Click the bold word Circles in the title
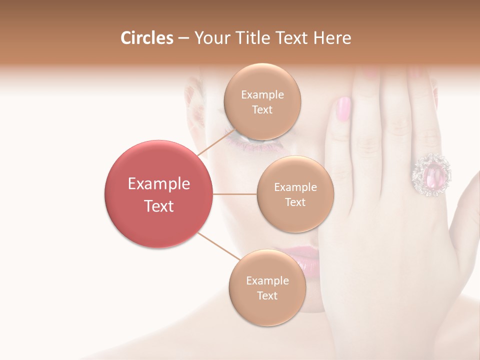point(146,38)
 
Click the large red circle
point(158,194)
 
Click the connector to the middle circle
point(234,194)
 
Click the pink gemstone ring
point(431,174)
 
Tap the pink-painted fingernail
point(344,108)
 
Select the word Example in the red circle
point(158,184)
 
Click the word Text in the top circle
point(262,110)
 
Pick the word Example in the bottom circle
point(267,280)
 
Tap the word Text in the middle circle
point(295,202)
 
